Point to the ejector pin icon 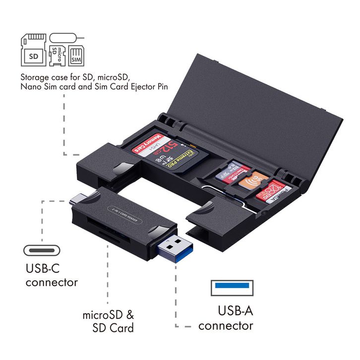coord(66,38)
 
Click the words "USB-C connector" coord(52,276)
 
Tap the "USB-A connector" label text coord(226,318)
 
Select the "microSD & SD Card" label coord(108,321)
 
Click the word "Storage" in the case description coord(35,78)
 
